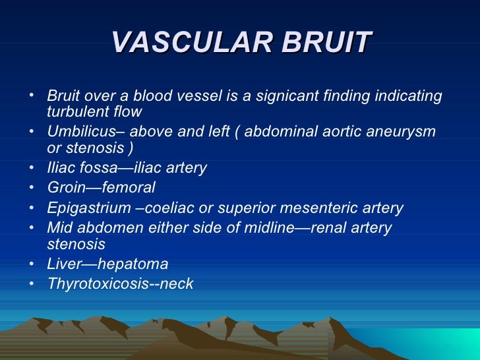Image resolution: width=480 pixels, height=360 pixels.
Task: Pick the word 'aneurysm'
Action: (x=404, y=131)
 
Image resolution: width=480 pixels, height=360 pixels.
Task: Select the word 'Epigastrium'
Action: (x=86, y=208)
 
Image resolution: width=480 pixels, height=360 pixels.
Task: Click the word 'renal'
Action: (x=330, y=227)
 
